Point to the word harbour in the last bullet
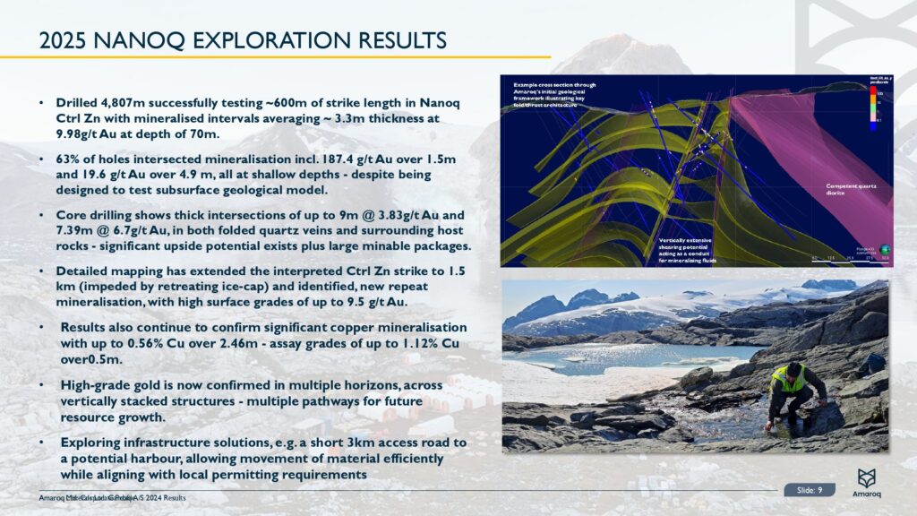click(151, 458)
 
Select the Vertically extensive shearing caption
click(687, 250)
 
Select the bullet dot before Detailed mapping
click(42, 271)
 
